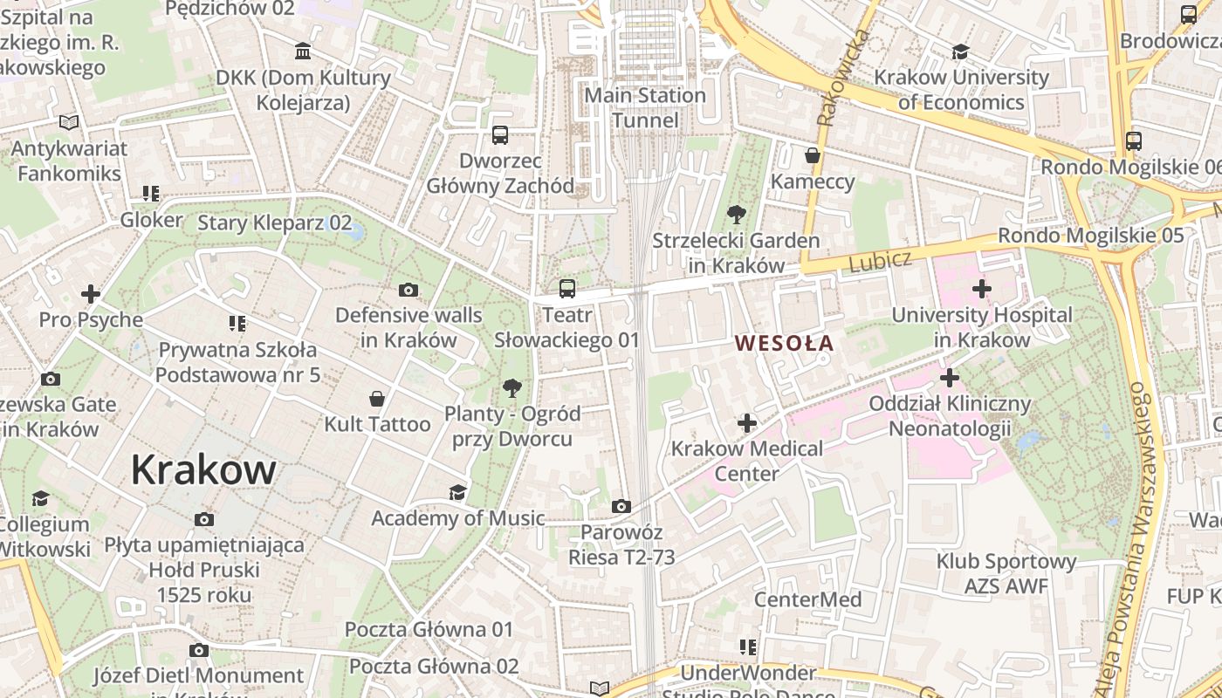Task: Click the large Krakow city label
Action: tap(203, 470)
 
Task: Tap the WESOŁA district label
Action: tap(784, 343)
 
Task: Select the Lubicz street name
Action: tap(880, 259)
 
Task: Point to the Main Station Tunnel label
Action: tap(645, 107)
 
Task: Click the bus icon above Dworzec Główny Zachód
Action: tap(500, 135)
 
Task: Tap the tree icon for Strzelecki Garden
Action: tap(736, 214)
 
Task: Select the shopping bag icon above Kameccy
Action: tap(813, 155)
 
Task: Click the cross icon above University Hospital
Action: tap(982, 288)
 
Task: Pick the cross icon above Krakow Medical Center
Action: tap(747, 423)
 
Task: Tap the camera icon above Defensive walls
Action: tap(408, 290)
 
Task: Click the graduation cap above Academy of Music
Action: tap(457, 493)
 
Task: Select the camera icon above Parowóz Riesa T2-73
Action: tap(621, 506)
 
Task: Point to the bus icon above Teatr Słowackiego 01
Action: tap(567, 288)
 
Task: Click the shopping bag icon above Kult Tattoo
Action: tap(377, 399)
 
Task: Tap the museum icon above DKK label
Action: tap(303, 51)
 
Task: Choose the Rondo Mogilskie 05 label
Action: tap(1090, 235)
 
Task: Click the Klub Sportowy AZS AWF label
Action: tap(1006, 573)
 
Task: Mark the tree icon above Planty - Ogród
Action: tap(512, 387)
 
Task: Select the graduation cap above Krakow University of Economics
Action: tap(961, 51)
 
